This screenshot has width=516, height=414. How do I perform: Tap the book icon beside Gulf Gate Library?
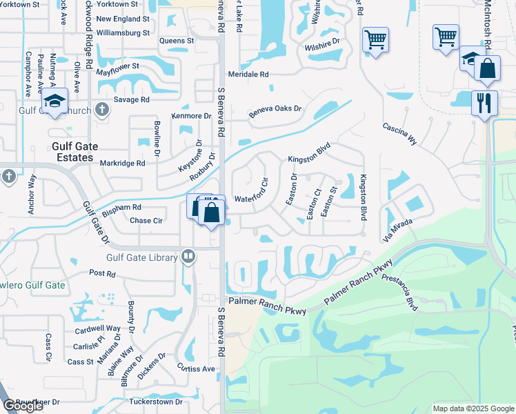click(187, 257)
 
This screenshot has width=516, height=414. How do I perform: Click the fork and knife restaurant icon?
click(484, 102)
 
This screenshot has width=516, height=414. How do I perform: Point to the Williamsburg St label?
click(123, 32)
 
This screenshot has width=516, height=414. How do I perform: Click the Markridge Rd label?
click(121, 164)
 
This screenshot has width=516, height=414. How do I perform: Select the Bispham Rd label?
click(121, 207)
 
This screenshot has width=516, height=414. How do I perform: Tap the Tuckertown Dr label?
click(155, 402)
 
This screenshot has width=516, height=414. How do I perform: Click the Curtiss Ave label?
click(197, 368)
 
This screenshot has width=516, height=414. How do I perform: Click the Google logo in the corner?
click(23, 406)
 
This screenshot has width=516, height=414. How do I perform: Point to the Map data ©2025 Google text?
click(473, 408)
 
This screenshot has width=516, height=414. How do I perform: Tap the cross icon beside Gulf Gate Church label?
click(101, 108)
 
